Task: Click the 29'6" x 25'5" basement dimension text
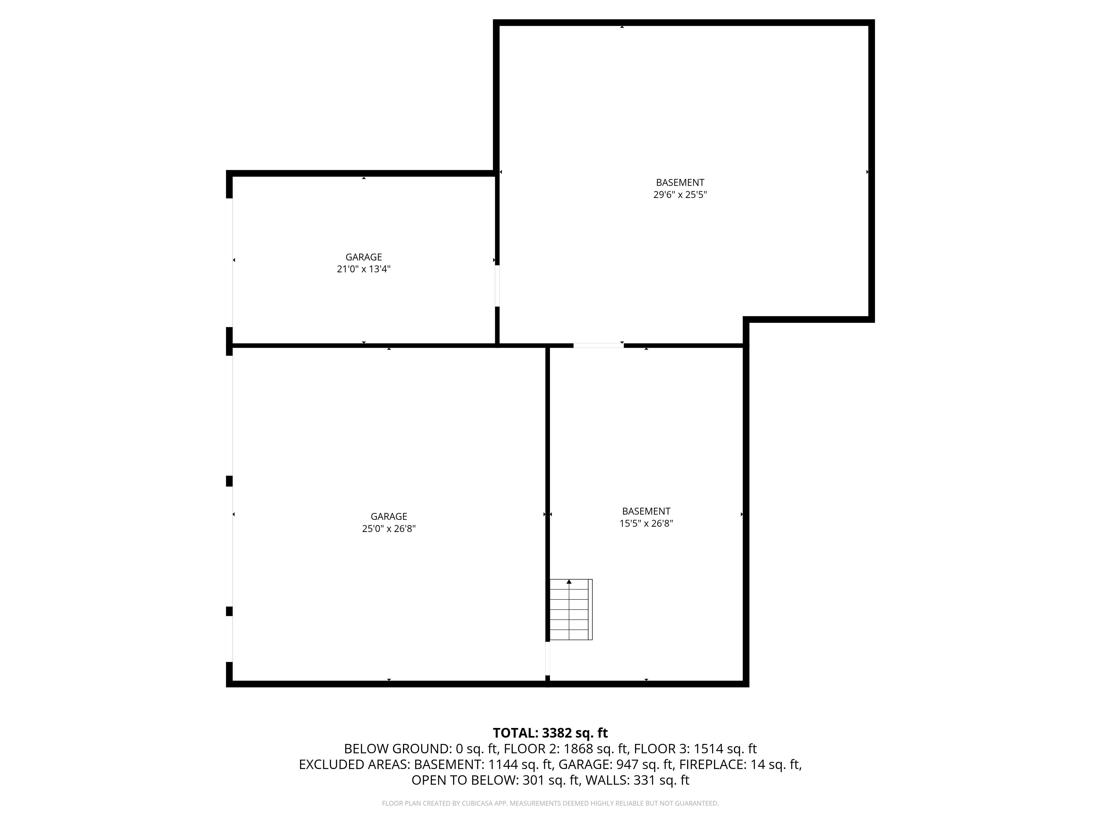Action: pos(680,195)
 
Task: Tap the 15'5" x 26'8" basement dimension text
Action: pos(646,523)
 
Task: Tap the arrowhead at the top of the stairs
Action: pos(569,582)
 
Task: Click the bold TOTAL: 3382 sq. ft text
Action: pos(550,733)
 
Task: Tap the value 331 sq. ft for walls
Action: pos(661,780)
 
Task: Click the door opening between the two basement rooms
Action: pos(598,345)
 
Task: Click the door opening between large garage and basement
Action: pos(547,658)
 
